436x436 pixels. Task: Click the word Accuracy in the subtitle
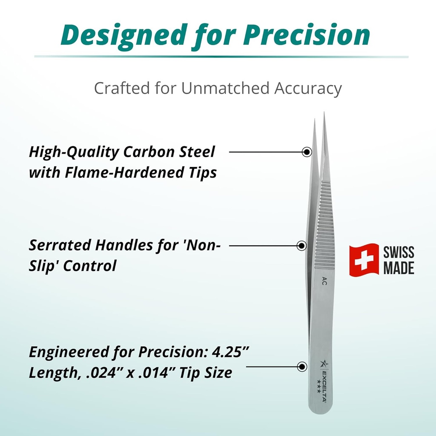coord(308,89)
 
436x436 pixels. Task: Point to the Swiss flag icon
coord(364,260)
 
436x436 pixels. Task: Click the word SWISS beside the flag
coord(399,252)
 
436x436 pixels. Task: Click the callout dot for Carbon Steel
coord(306,152)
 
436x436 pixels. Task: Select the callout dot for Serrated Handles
coord(301,245)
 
